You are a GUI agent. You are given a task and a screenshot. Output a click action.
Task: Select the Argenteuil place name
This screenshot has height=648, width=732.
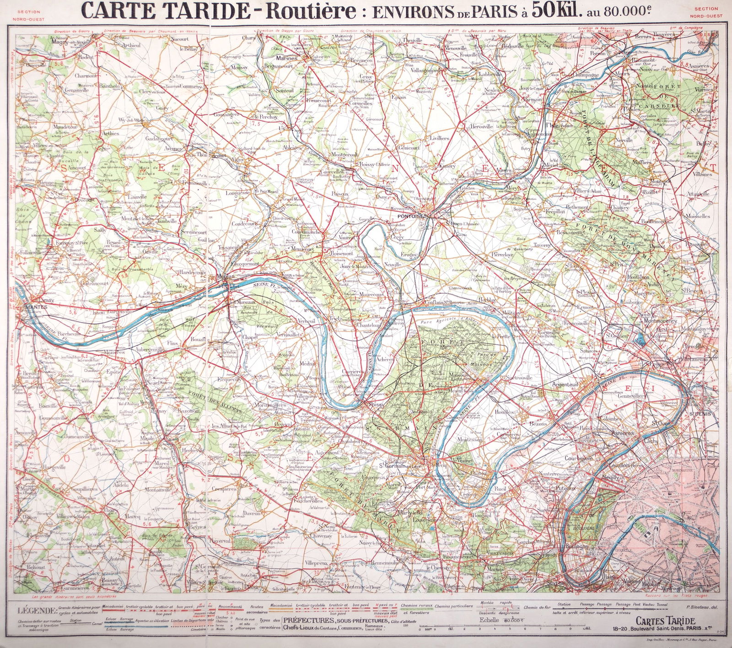(565, 385)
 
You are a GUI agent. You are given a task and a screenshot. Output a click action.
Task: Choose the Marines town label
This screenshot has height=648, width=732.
(286, 58)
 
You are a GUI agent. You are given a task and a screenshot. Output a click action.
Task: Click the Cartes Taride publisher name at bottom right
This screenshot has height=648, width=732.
(665, 621)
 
